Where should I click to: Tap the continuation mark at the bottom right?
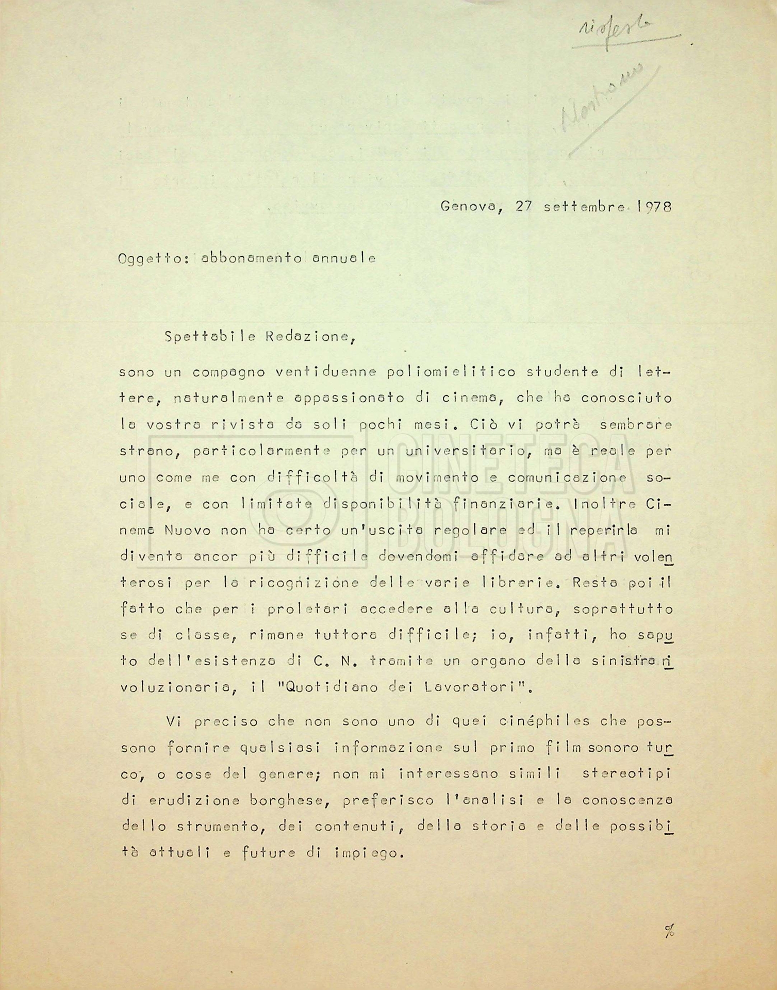point(669,931)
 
